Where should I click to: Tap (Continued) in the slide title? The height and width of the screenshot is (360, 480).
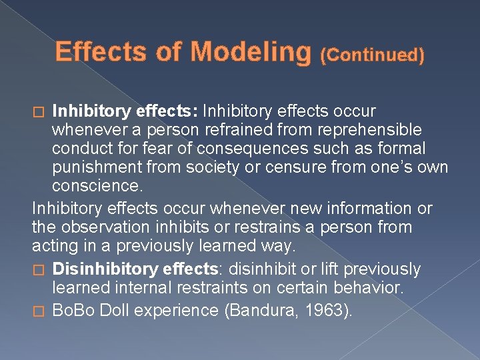(x=372, y=55)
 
